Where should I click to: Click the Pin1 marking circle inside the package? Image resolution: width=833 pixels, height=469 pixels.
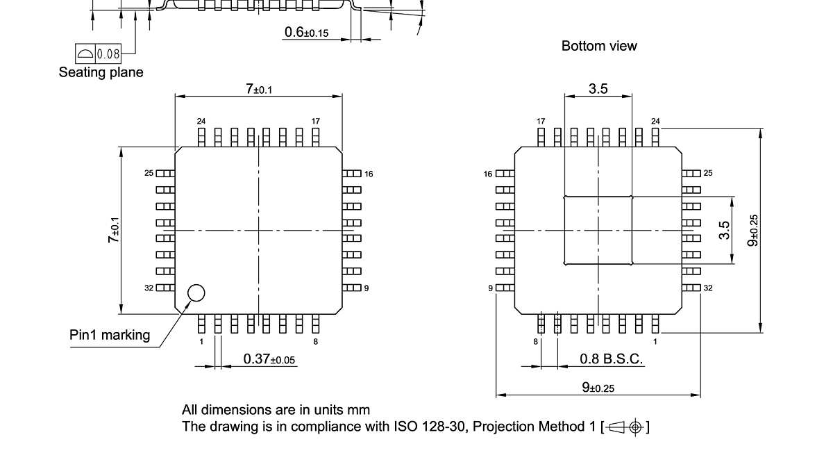196,293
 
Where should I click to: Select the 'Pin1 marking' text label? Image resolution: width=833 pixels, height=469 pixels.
110,335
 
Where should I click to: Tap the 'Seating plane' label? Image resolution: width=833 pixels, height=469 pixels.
101,72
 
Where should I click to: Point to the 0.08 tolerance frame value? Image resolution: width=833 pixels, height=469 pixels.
108,54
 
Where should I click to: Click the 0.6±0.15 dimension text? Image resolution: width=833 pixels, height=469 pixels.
306,32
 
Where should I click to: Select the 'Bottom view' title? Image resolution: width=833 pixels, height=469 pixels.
599,46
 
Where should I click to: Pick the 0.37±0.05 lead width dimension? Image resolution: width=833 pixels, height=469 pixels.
269,359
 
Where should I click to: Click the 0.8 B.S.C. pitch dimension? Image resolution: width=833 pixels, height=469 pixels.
611,359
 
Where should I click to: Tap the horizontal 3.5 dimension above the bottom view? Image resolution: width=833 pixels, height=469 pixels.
598,88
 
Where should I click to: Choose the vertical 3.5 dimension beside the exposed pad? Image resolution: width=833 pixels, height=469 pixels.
725,230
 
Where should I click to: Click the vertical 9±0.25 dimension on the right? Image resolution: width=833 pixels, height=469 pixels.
753,230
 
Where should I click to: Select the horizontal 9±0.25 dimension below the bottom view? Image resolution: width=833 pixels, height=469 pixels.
598,388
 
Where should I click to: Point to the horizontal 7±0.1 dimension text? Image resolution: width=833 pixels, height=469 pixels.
258,88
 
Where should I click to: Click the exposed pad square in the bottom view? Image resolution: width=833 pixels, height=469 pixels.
598,230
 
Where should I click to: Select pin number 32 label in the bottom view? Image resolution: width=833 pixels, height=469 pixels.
708,288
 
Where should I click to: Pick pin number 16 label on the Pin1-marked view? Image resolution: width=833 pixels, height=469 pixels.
369,174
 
